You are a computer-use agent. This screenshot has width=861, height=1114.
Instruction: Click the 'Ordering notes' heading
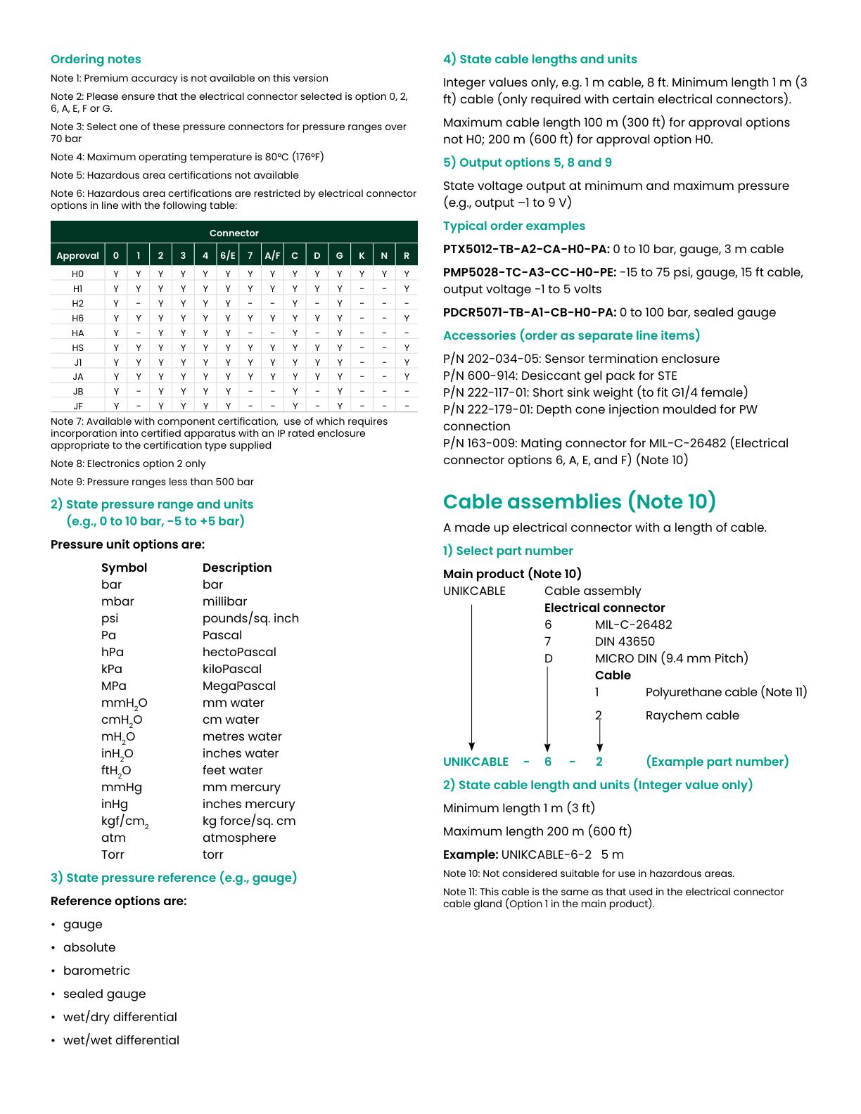(x=96, y=59)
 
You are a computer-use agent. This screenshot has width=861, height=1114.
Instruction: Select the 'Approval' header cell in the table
(x=77, y=255)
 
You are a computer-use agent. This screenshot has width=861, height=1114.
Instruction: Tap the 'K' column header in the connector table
(x=362, y=255)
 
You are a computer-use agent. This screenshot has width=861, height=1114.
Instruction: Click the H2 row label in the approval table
(x=77, y=303)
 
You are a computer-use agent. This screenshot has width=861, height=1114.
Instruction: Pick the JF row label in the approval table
(x=77, y=406)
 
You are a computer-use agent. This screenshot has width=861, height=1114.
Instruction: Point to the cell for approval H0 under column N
(x=384, y=274)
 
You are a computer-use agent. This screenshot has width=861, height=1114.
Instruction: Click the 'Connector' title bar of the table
(x=234, y=233)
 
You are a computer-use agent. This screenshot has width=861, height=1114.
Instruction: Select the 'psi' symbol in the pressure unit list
(x=110, y=618)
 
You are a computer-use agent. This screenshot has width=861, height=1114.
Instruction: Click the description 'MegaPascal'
(x=239, y=686)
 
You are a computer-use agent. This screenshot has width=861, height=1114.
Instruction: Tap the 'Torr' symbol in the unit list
(x=113, y=854)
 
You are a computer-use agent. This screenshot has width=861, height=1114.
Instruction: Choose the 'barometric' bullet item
(x=96, y=971)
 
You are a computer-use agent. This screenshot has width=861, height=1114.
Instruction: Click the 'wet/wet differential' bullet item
(x=121, y=1040)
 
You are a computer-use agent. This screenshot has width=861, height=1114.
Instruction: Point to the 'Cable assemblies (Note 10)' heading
(x=580, y=501)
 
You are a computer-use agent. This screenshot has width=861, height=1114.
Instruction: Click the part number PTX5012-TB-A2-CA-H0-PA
(x=526, y=249)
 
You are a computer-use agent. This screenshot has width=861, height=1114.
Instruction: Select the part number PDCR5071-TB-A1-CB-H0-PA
(x=530, y=312)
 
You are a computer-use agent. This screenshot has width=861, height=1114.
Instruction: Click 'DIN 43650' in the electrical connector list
(x=625, y=641)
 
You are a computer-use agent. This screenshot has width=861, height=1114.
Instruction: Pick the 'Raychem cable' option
(x=692, y=715)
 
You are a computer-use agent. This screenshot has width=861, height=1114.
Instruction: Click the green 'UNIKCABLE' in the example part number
(x=476, y=762)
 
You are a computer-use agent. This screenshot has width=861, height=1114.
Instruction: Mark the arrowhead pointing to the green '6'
(x=547, y=747)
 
